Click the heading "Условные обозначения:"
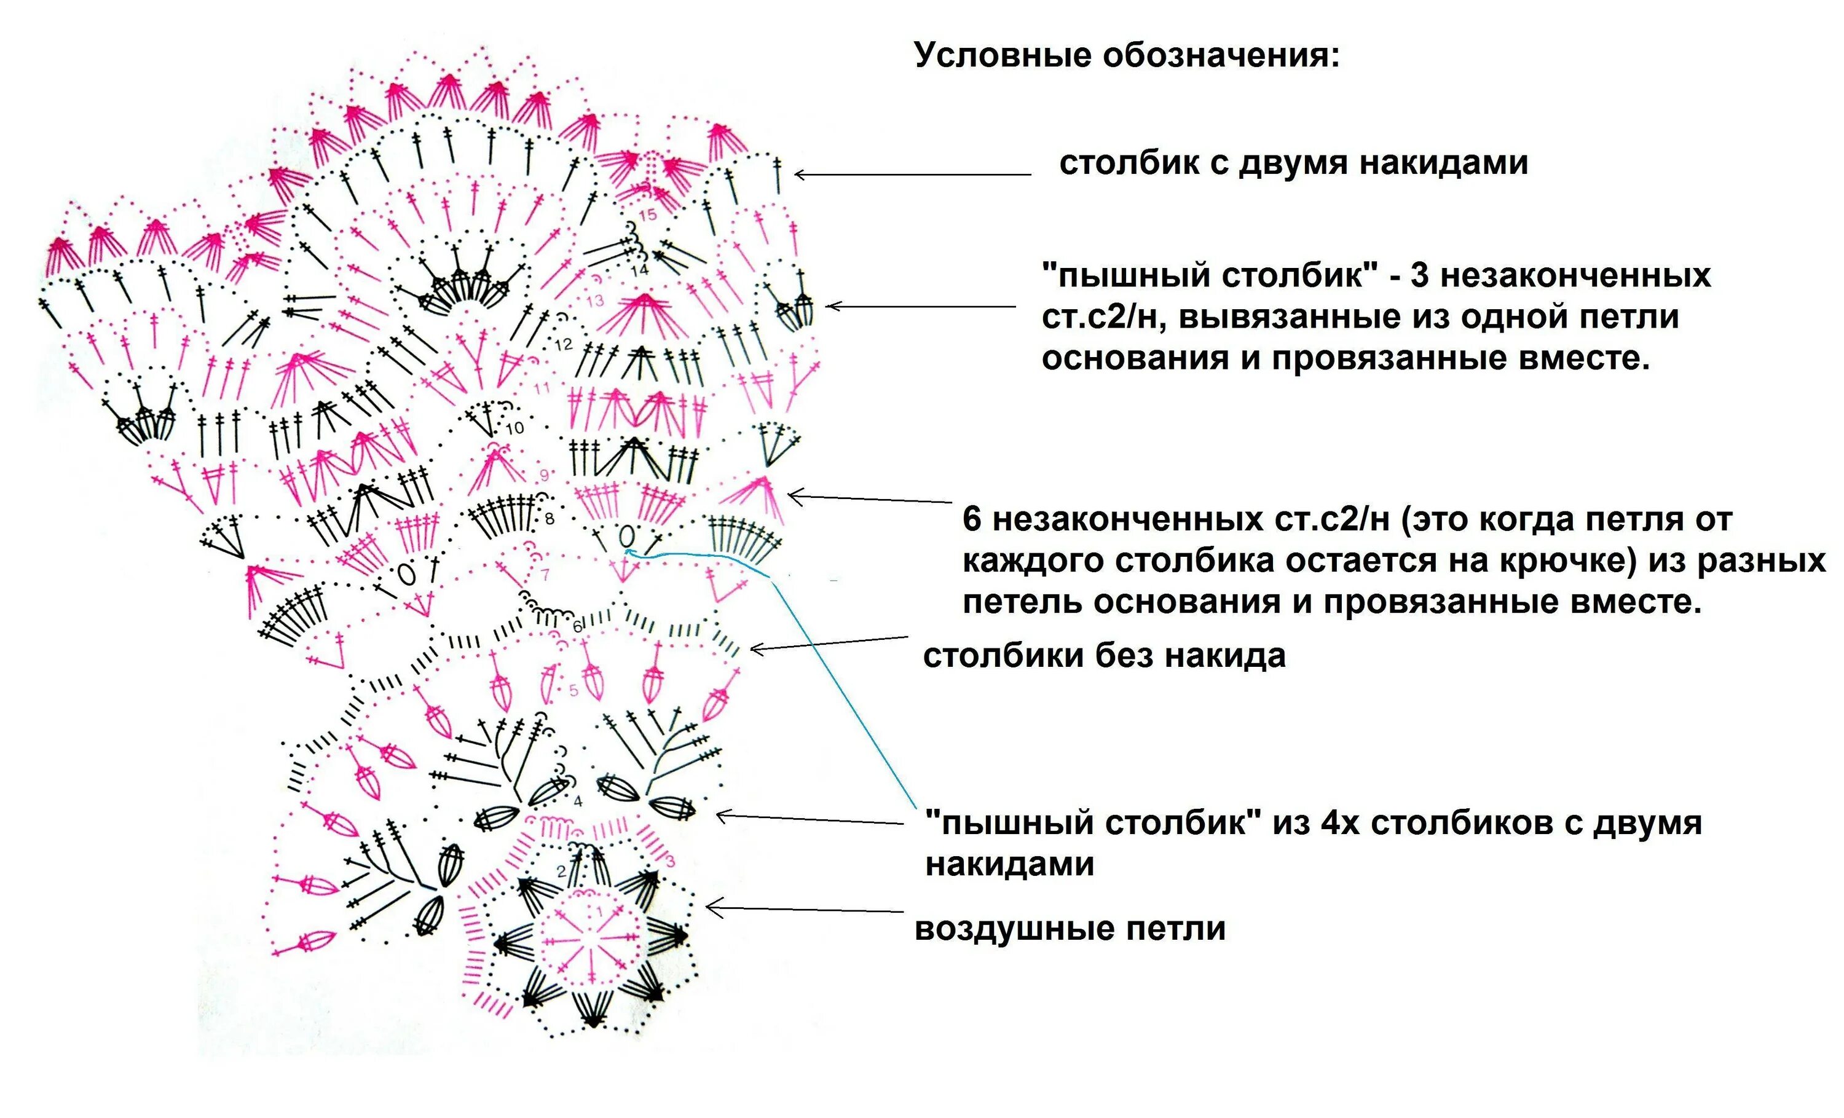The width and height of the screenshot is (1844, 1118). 1126,56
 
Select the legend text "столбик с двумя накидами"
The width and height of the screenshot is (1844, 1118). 1293,163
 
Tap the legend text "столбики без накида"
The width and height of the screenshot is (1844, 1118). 1104,656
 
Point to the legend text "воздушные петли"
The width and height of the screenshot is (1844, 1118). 1070,929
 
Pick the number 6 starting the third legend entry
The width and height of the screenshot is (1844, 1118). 971,519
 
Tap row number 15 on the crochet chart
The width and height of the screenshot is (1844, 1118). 647,215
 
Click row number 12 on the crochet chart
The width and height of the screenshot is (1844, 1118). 563,344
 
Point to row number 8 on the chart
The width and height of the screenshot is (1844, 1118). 550,518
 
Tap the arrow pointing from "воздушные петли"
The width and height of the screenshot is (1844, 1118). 805,910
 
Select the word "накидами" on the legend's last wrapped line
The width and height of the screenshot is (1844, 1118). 1009,864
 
